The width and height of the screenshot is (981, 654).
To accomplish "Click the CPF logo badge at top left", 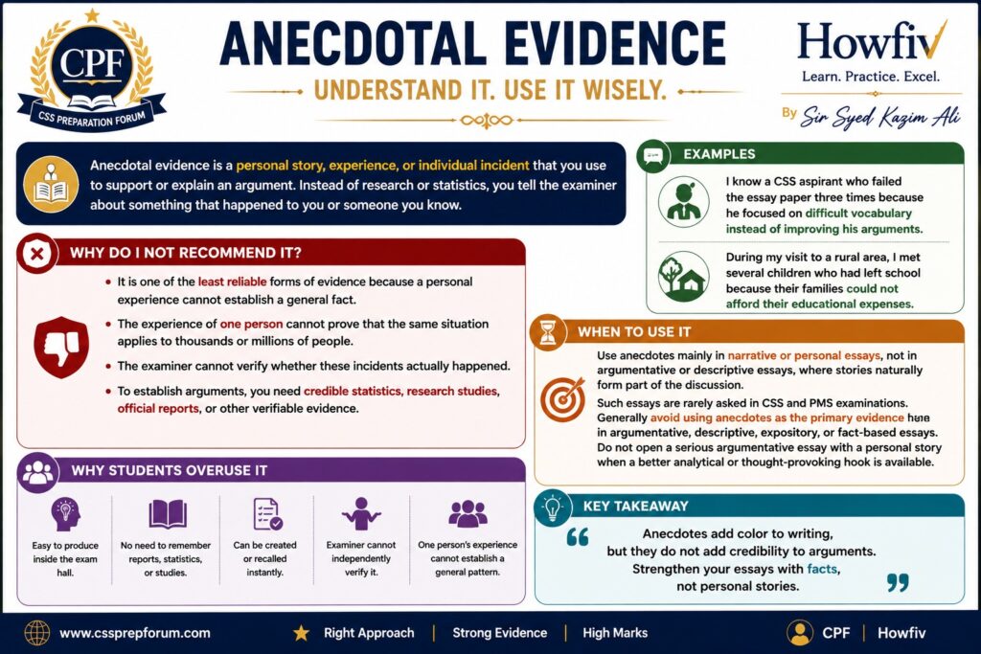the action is pos(92,70).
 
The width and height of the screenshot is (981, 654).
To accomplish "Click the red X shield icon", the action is pos(37,253).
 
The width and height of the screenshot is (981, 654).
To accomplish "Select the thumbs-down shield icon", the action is pos(60,347).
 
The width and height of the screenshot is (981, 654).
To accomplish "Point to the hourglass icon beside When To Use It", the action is pos(548,332).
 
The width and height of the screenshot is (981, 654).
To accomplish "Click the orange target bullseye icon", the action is pos(563,399).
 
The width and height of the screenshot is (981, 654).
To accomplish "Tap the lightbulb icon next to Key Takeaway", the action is pos(553,507).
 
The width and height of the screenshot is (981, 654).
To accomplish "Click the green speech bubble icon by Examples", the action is pos(653,156).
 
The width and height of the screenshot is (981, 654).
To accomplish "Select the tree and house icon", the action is pos(684,277).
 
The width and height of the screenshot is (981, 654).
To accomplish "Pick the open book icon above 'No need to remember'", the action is pos(167,514).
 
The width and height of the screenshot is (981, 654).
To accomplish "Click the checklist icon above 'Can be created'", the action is pos(267,514).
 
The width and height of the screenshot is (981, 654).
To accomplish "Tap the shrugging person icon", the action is pos(361,514).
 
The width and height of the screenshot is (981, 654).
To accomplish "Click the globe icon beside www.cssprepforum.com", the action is pos(37,633).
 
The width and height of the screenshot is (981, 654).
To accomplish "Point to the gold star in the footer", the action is pos(301,633).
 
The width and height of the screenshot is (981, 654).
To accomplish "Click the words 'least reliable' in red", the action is pos(232,282).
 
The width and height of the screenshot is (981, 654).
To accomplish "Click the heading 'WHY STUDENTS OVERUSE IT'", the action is pos(169,471).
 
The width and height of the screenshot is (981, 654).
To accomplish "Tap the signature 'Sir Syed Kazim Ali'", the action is pos(880,116).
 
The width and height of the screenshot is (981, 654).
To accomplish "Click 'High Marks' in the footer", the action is pos(615,633).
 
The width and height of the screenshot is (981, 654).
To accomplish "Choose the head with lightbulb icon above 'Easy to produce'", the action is pos(66,514).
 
